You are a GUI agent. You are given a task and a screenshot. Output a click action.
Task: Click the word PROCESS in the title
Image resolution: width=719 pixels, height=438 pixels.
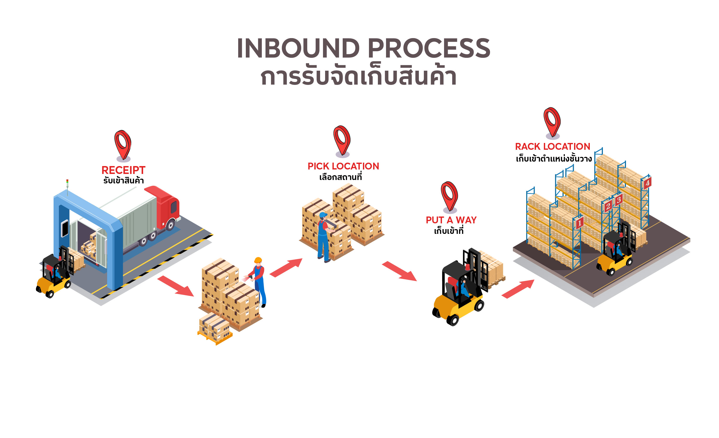tap(429, 48)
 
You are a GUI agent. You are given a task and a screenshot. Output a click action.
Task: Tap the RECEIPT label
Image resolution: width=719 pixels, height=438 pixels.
tap(123, 170)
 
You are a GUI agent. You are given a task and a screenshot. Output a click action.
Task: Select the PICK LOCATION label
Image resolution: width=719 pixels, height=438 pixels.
tap(343, 166)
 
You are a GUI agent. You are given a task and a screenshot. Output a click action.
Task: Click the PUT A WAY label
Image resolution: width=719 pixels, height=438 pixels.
tap(451, 220)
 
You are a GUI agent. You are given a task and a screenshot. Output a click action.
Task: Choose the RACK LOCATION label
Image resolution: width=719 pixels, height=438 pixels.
tap(553, 146)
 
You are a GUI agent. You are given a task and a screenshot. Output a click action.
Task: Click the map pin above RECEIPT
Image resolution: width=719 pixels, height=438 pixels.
tap(123, 145)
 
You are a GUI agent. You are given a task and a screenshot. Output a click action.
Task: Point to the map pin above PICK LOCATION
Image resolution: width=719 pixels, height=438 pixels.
tap(342, 140)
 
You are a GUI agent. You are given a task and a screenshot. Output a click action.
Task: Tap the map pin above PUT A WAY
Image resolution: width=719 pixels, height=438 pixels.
tap(449, 196)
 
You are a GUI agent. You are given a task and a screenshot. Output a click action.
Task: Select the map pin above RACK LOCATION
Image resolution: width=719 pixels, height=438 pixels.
tap(552, 122)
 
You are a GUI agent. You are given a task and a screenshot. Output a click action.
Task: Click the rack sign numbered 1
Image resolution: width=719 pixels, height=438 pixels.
tap(580, 223)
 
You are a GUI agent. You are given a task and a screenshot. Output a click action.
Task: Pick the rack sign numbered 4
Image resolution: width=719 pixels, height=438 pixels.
tap(648, 183)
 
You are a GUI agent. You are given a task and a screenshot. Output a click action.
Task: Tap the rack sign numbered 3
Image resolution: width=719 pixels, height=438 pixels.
tap(619, 200)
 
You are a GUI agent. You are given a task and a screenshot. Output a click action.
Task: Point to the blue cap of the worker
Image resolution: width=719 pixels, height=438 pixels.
tap(323, 215)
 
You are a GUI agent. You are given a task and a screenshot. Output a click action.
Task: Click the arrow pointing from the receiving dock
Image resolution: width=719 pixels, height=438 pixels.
tap(176, 286)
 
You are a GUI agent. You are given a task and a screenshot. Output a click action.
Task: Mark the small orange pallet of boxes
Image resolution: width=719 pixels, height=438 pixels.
tap(215, 328)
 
